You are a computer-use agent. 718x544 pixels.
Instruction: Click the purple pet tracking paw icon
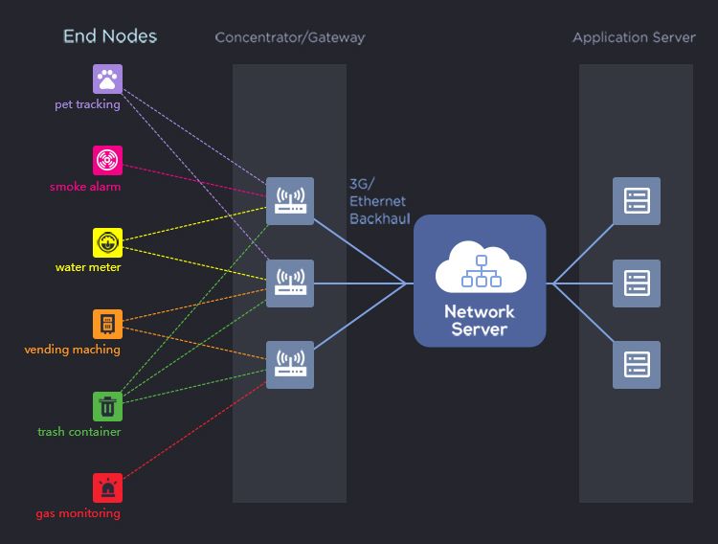pos(108,79)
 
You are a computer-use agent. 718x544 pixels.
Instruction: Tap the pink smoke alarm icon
pos(108,160)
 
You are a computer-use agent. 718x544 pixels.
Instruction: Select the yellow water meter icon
pos(108,241)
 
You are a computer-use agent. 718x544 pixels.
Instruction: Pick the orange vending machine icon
pos(108,324)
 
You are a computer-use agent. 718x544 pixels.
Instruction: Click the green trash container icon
pos(108,406)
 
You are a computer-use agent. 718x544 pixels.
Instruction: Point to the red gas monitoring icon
pos(108,487)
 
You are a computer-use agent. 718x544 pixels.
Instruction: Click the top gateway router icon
pos(290,201)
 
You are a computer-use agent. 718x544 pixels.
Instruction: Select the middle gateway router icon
pos(290,283)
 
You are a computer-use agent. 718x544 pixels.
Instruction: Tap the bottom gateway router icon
pos(290,365)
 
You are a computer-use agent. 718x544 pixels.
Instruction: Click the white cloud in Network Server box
pos(481,267)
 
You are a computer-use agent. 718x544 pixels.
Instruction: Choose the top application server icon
pos(637,201)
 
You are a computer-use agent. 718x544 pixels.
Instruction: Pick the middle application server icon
pos(637,283)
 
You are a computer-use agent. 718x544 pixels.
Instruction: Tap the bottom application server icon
pos(637,365)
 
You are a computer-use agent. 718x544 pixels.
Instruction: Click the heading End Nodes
pos(110,36)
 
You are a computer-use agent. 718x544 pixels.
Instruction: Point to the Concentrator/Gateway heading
pos(290,38)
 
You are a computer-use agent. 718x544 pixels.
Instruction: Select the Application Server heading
pos(634,38)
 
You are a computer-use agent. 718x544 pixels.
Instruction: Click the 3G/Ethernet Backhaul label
pos(379,201)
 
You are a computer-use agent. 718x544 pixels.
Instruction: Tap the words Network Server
pos(480,321)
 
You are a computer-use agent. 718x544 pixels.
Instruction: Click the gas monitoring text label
pos(79,513)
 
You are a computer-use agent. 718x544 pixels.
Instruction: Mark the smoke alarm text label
pos(85,187)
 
